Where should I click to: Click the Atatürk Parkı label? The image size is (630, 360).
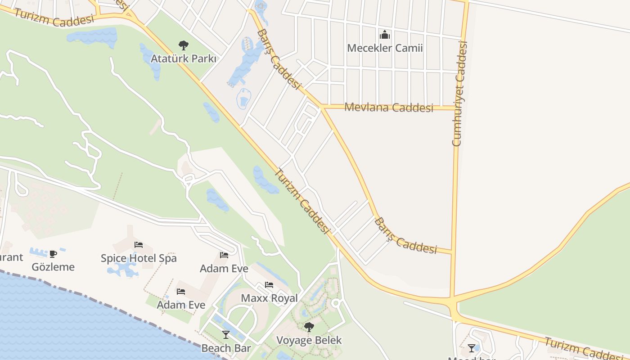[183, 58]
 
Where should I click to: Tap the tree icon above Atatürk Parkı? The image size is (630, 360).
[183, 45]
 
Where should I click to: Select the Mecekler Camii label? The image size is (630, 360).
[385, 48]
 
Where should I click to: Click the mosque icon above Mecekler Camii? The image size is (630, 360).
[385, 35]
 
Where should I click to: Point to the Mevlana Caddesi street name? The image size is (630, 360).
[389, 108]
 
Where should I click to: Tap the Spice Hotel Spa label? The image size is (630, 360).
[139, 258]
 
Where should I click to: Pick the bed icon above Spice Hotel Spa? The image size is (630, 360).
[139, 245]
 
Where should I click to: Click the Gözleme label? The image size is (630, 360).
[53, 267]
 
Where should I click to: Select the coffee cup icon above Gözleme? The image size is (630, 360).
[53, 254]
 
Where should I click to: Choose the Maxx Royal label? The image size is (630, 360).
[269, 298]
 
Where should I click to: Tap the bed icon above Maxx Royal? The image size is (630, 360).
[269, 285]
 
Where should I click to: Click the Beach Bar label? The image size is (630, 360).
[226, 348]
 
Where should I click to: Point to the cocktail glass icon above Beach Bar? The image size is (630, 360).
[226, 334]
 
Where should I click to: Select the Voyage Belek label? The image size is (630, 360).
[309, 340]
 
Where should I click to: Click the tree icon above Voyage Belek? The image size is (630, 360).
[309, 327]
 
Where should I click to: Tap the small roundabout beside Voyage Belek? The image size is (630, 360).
[336, 304]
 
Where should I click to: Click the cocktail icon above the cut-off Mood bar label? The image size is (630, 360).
[471, 348]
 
